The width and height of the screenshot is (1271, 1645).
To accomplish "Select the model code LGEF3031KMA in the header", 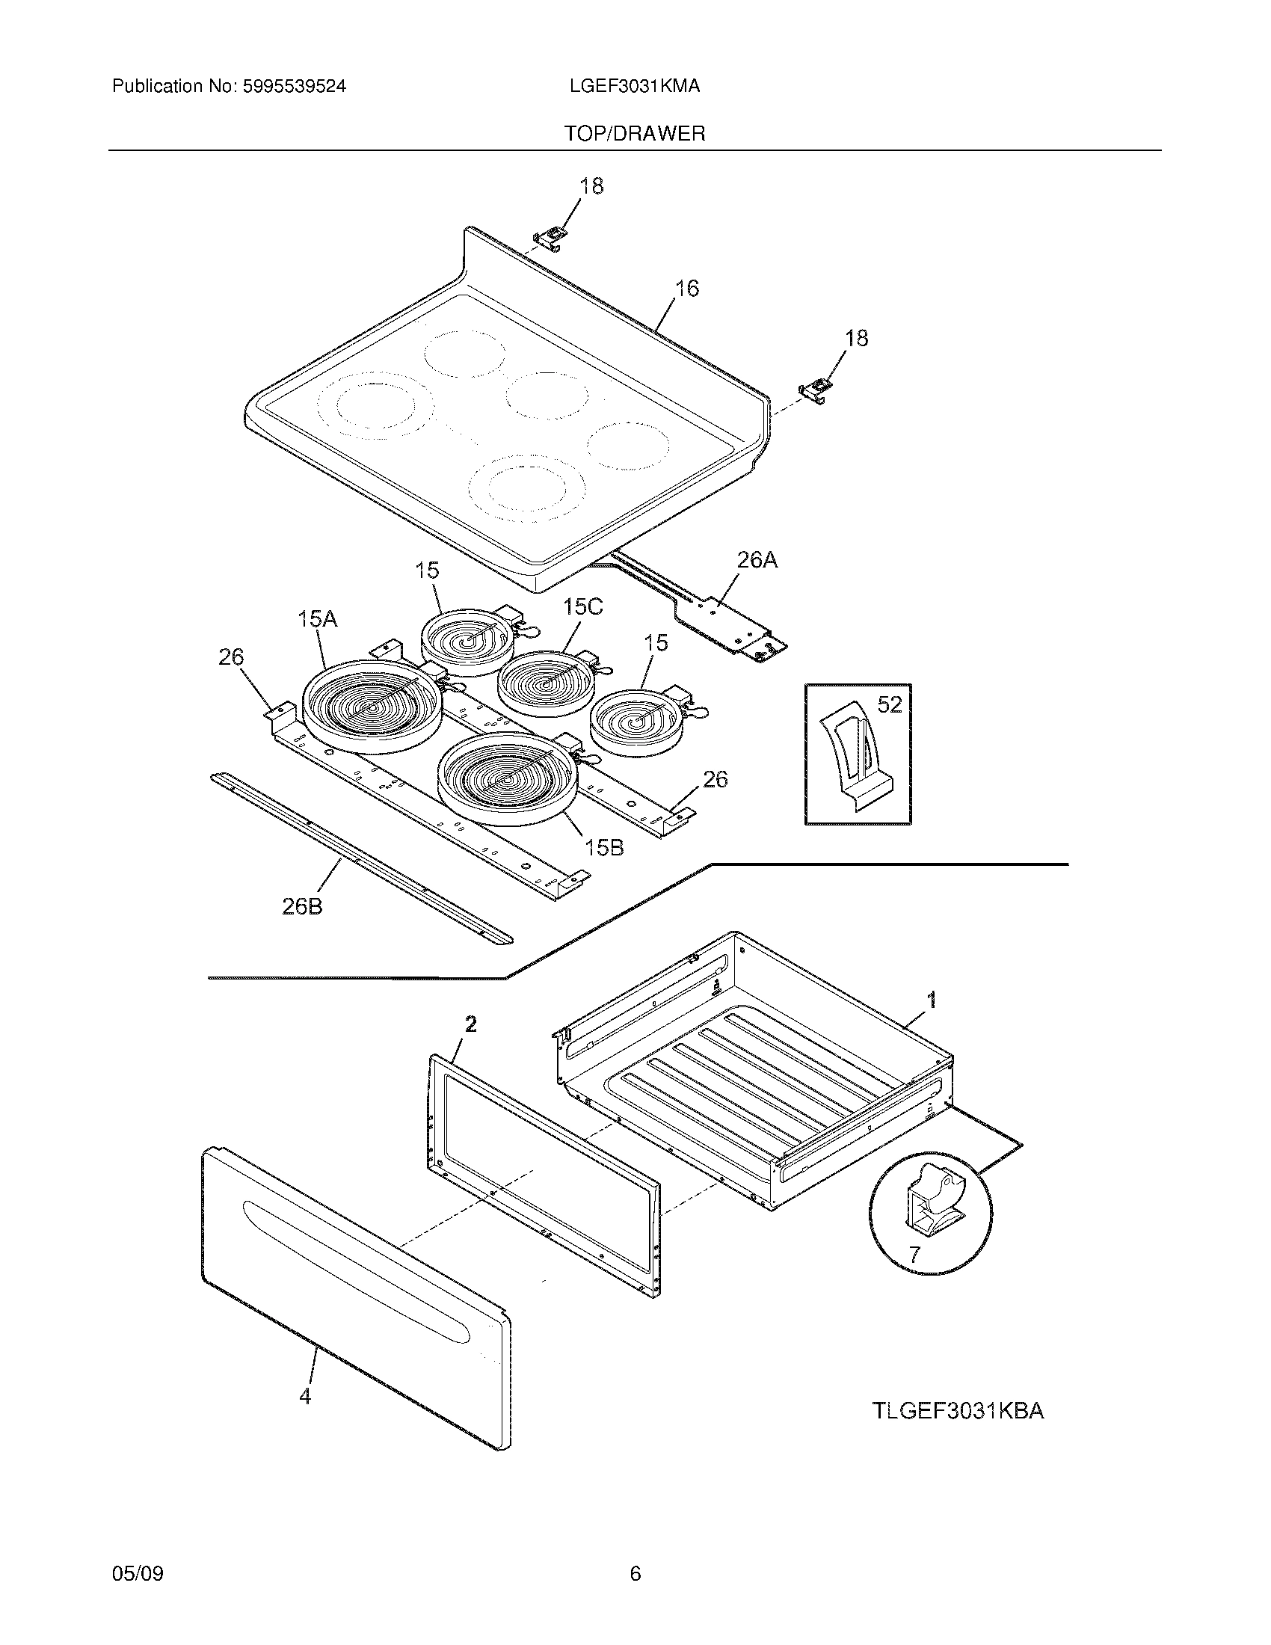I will pyautogui.click(x=635, y=87).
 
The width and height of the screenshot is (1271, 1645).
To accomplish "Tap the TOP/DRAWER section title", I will pyautogui.click(x=635, y=134).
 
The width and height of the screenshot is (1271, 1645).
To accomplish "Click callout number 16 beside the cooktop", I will pyautogui.click(x=686, y=289).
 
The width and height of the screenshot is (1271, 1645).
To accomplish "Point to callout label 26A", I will pyautogui.click(x=757, y=559).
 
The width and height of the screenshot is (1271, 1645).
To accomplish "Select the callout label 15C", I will pyautogui.click(x=583, y=607).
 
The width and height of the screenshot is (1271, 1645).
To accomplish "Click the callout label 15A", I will pyautogui.click(x=317, y=619).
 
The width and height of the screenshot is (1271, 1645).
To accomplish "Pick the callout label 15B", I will pyautogui.click(x=604, y=847).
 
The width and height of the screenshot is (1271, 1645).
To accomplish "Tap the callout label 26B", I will pyautogui.click(x=302, y=907).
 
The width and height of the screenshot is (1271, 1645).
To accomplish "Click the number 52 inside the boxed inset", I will pyautogui.click(x=889, y=704).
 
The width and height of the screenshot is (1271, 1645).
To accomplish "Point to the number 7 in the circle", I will pyautogui.click(x=914, y=1255).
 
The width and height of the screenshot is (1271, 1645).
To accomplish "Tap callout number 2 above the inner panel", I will pyautogui.click(x=470, y=1024).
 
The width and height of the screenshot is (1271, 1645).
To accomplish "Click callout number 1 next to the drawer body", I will pyautogui.click(x=932, y=1000).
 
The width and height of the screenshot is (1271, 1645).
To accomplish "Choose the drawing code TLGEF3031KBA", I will pyautogui.click(x=958, y=1411).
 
